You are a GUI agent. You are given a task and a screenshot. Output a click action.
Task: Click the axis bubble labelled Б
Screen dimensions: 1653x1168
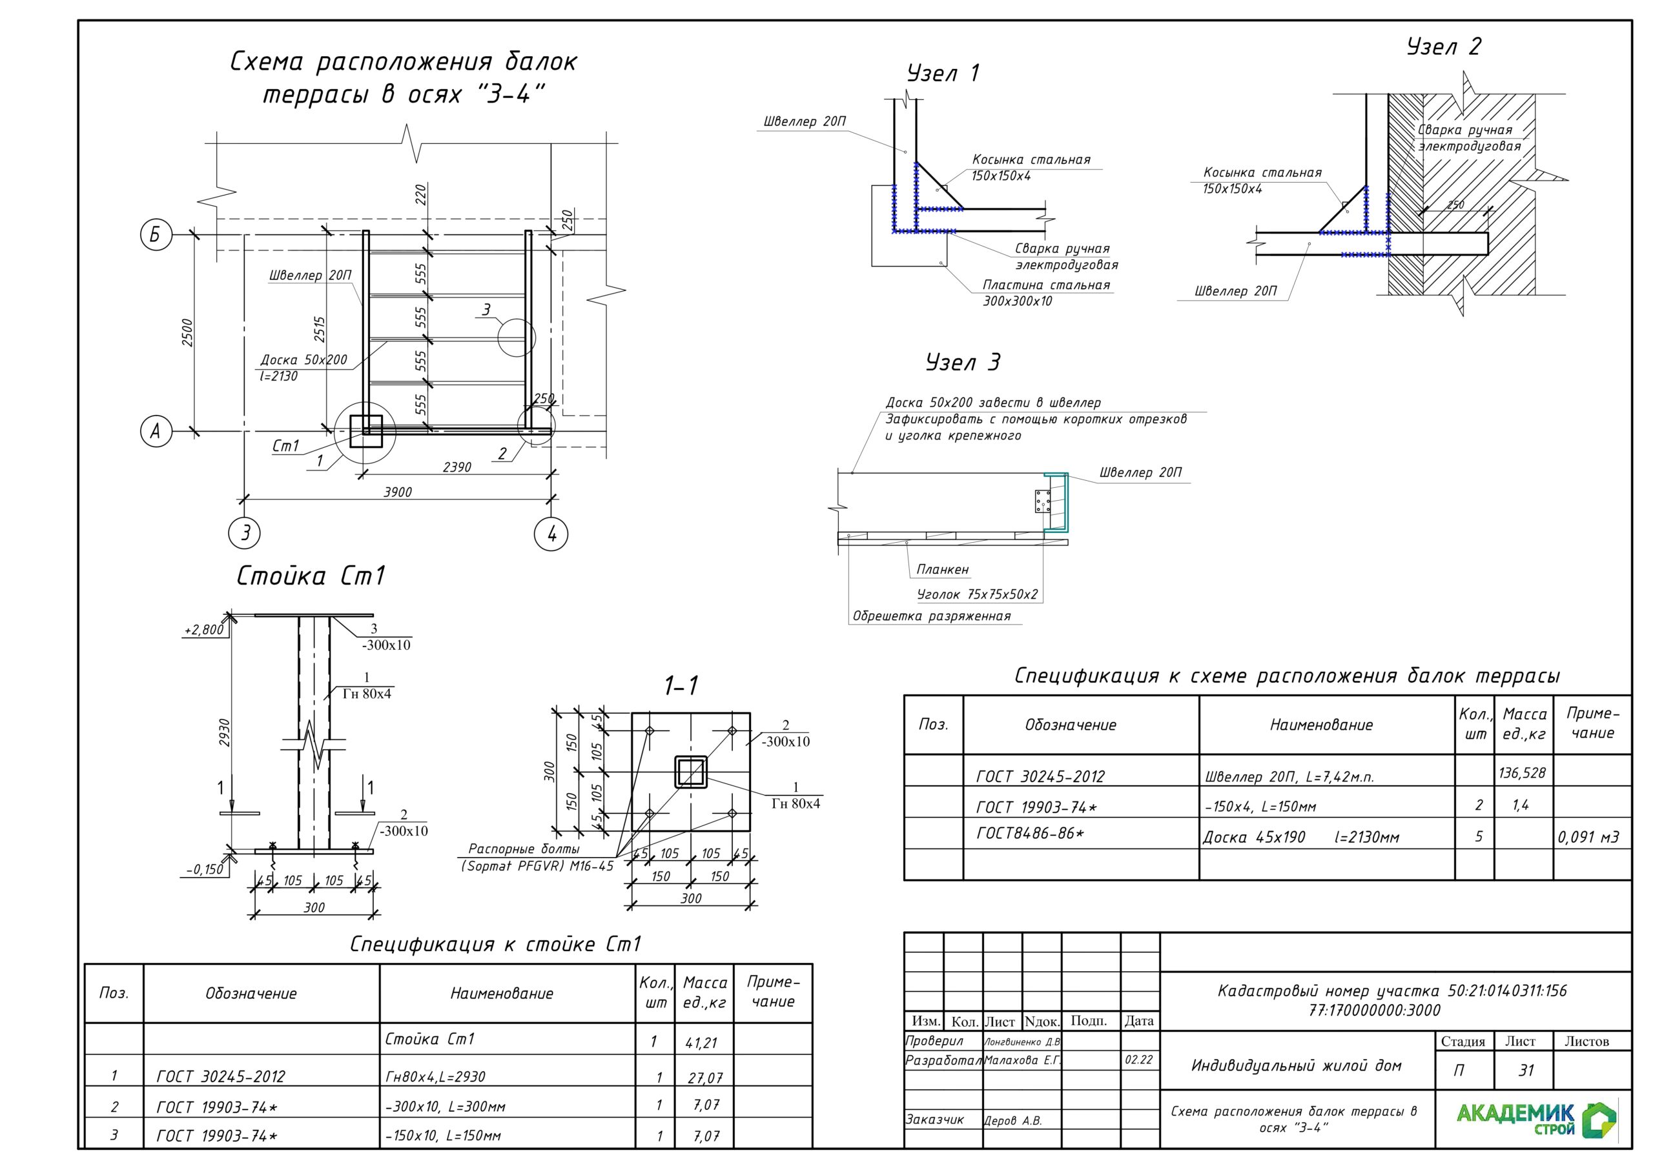coord(156,236)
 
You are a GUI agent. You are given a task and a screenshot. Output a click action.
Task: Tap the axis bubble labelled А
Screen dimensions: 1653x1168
coord(156,432)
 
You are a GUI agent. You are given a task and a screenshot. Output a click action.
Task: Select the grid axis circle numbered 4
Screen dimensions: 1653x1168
coord(551,534)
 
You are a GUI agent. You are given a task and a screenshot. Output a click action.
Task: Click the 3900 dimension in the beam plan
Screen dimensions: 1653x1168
coord(397,492)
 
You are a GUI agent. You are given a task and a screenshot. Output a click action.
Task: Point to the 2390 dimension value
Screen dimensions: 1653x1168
coord(457,468)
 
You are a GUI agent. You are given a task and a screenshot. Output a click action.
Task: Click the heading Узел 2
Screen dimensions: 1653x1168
coord(1444,46)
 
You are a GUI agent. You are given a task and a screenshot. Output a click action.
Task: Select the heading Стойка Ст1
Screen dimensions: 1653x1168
coord(312,576)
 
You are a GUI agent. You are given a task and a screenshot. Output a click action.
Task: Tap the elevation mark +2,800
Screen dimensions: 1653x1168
coord(204,630)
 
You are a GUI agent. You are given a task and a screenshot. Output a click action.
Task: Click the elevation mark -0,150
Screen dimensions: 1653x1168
coord(205,869)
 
